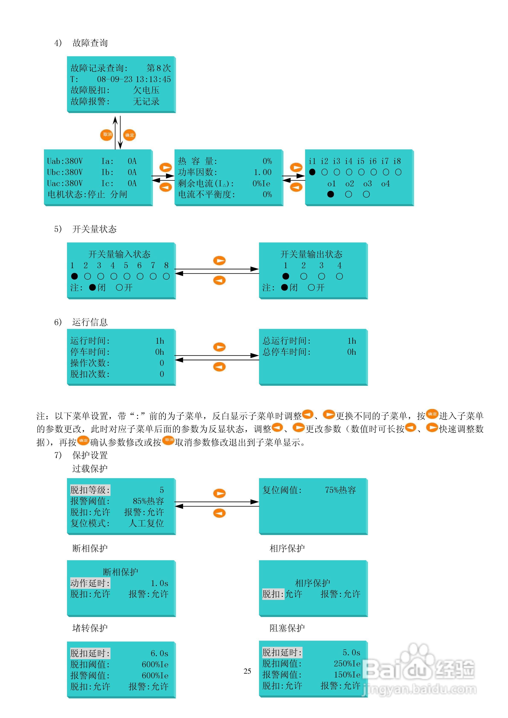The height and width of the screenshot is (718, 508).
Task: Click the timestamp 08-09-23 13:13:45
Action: point(134,79)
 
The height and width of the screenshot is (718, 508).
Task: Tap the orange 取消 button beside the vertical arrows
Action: point(106,135)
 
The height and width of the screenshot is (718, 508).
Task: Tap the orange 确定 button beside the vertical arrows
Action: point(129,135)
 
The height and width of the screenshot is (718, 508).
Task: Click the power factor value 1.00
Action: point(263,172)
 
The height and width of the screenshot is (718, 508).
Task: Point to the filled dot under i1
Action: point(312,172)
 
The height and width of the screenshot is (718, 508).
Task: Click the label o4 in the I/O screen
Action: point(385,184)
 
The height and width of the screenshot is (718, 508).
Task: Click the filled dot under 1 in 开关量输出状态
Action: point(285,276)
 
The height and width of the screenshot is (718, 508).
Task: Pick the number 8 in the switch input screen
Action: point(166,265)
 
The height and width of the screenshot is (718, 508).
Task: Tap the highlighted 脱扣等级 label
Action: point(90,490)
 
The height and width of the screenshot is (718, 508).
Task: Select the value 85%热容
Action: point(148,501)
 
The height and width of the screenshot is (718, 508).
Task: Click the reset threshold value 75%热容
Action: point(340,490)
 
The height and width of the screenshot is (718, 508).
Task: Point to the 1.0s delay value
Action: point(159,583)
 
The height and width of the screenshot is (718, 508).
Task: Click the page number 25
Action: point(247,671)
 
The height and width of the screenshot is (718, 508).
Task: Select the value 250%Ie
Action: point(347,664)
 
